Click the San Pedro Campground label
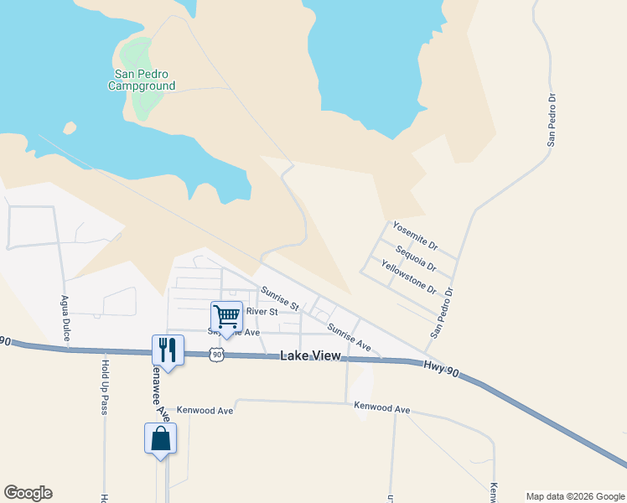point(144,79)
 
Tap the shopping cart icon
point(226,316)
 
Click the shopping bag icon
point(160,438)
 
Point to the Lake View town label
point(310,355)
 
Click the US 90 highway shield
point(218,355)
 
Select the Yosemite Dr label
point(415,236)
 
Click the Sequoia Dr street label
point(416,258)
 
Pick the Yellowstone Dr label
point(408,277)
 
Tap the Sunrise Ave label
point(349,336)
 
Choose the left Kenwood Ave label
point(210,411)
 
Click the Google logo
point(28,493)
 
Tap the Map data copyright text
point(574,496)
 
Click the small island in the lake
point(70,128)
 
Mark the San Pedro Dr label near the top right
point(552,121)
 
